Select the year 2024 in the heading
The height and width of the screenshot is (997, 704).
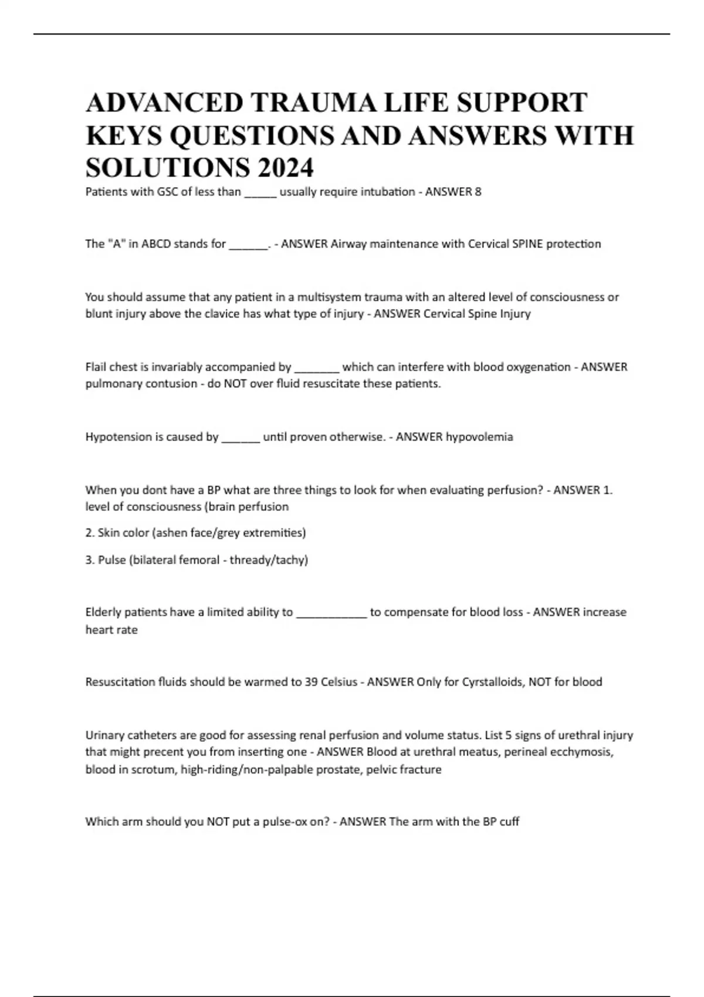tap(285, 168)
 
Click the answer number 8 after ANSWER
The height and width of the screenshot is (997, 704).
tap(478, 192)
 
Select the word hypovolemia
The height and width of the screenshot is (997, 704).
tap(479, 437)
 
